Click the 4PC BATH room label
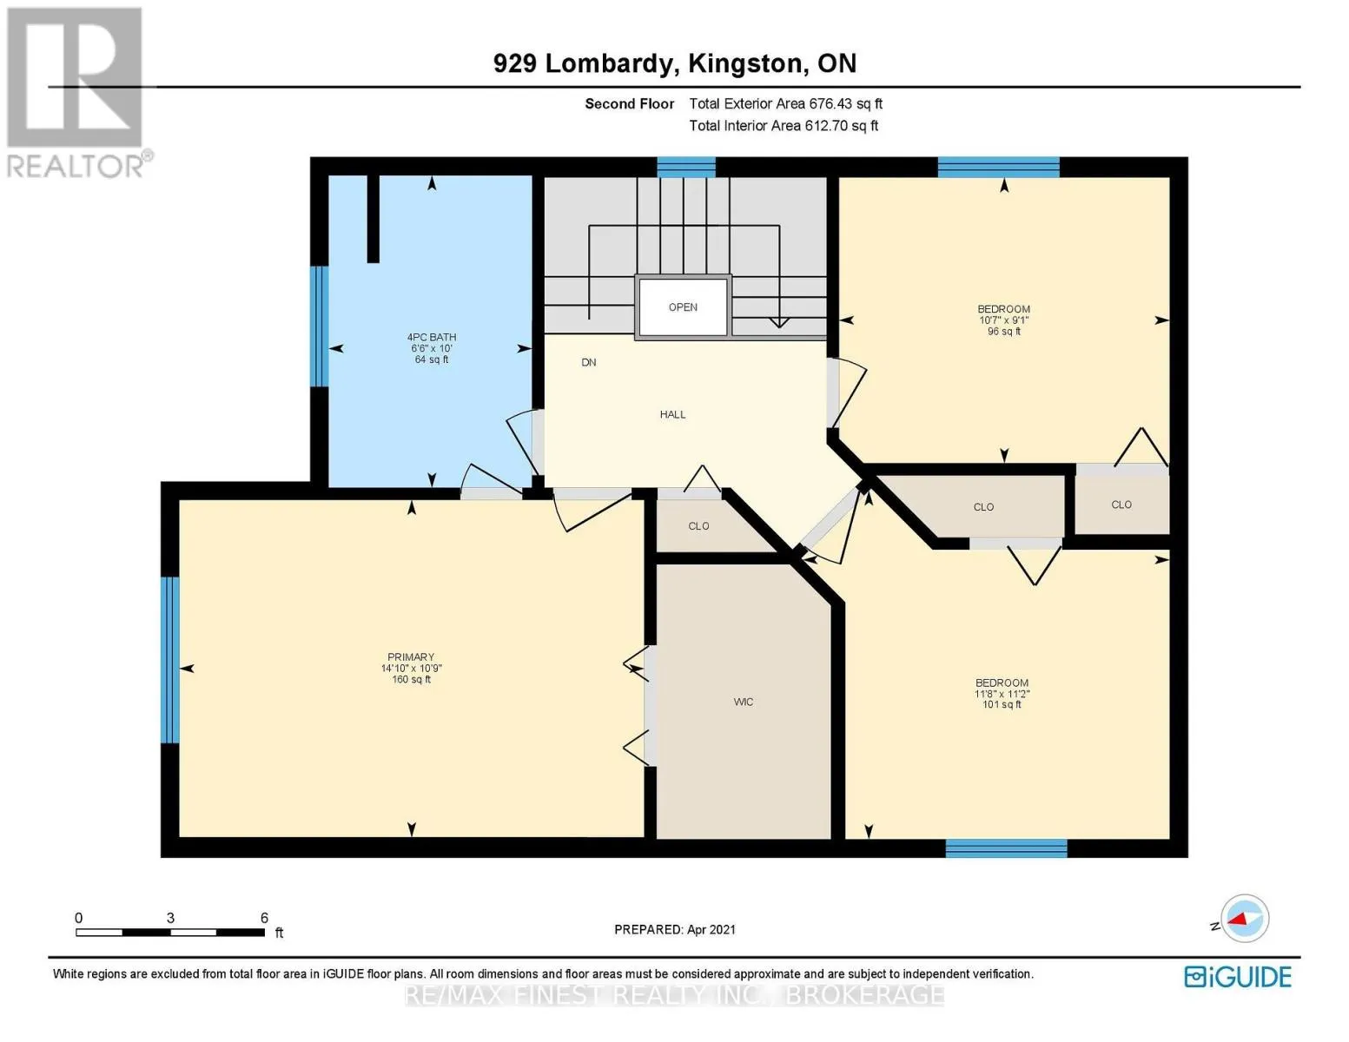432,337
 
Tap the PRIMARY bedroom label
411,656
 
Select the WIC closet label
743,702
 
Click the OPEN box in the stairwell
683,307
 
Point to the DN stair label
589,362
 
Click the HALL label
673,414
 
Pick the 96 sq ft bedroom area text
1004,332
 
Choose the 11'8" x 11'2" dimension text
1002,694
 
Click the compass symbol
1244,919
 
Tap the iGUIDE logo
1238,977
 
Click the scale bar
170,932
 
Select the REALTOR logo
77,93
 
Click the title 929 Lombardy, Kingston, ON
675,63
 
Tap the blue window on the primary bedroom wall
169,660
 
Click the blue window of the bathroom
319,326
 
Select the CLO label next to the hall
698,526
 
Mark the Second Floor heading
630,104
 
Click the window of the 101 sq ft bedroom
1006,848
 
